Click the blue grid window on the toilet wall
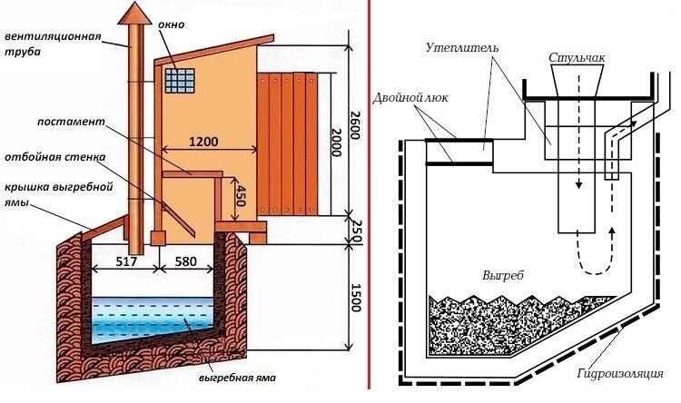[x=180, y=81]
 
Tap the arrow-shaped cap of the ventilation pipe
[x=135, y=13]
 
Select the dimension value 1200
[x=203, y=142]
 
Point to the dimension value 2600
[x=355, y=125]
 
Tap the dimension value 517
[x=126, y=261]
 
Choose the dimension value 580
[x=185, y=261]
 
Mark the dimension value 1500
[x=356, y=298]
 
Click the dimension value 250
[x=356, y=230]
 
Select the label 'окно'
[x=171, y=25]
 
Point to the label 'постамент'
[x=71, y=121]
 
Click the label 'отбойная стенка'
[x=55, y=157]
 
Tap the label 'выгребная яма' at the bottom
[x=238, y=378]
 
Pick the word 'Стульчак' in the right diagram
[x=577, y=57]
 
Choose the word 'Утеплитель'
[x=462, y=47]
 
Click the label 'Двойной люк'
[x=410, y=98]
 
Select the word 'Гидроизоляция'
[x=621, y=373]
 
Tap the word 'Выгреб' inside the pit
[x=503, y=276]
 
